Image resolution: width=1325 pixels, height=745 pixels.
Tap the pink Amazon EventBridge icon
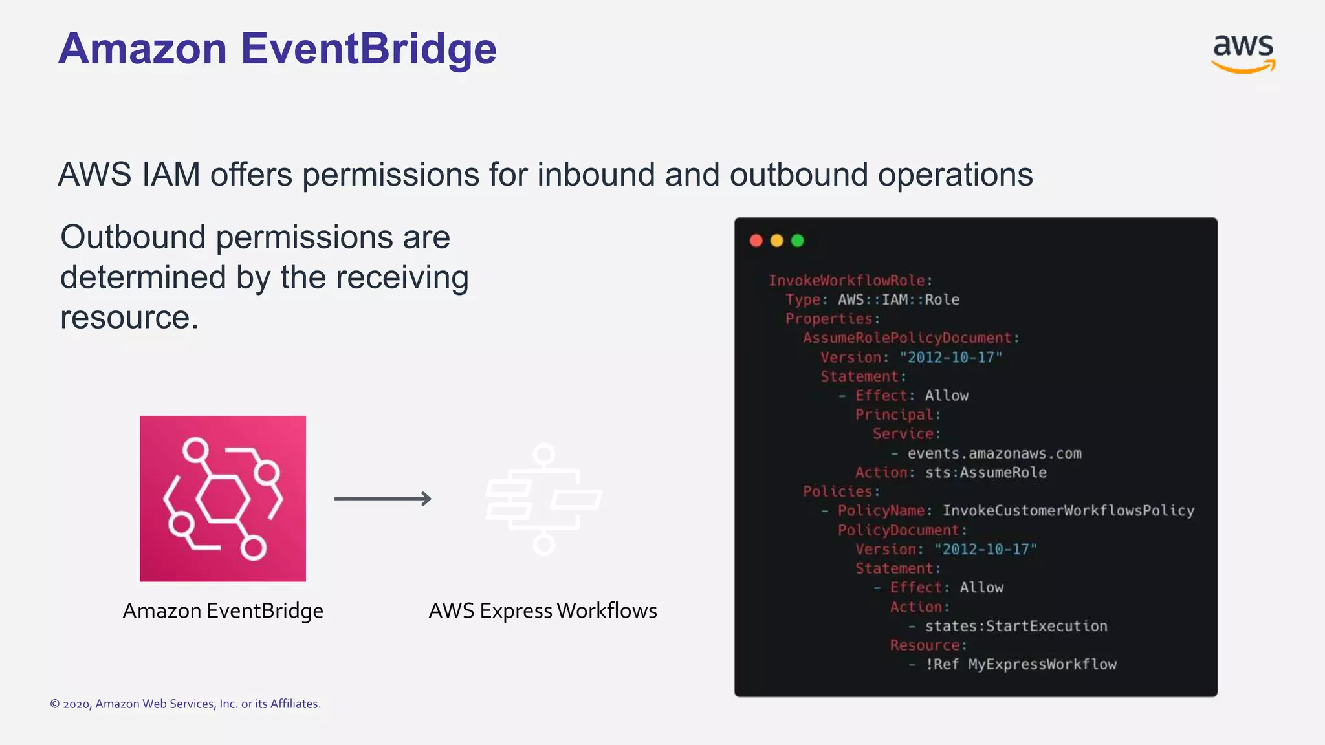[x=223, y=498]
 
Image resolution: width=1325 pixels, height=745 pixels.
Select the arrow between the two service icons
[x=382, y=499]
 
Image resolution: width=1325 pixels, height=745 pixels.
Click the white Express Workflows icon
[x=543, y=499]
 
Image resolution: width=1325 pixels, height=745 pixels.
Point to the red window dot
[x=756, y=241]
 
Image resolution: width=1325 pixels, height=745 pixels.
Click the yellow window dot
[x=776, y=241]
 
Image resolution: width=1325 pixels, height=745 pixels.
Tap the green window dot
[x=797, y=241]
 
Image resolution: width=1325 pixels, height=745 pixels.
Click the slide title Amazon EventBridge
[x=277, y=49]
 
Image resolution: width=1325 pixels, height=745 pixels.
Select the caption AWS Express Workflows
[x=542, y=610]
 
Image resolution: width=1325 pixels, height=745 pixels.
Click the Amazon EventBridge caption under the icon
[x=223, y=610]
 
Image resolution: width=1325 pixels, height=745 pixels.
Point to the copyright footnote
[x=185, y=704]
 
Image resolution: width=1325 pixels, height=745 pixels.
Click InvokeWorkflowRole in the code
[x=846, y=281]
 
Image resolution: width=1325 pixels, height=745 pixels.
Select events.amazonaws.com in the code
[x=994, y=453]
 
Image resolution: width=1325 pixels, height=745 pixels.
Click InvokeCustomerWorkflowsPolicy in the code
[x=1068, y=511]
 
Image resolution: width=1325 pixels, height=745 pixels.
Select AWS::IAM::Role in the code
[x=898, y=299]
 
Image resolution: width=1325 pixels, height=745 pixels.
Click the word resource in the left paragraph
[x=129, y=318]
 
